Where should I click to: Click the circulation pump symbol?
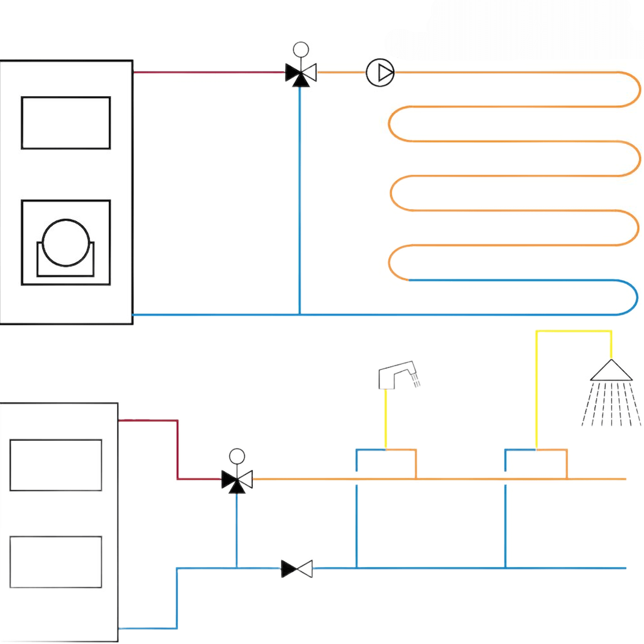click(380, 72)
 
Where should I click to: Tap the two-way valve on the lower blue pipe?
click(297, 568)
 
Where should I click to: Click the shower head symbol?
click(611, 371)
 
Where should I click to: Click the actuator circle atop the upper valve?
click(301, 50)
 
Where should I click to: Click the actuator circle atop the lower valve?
click(237, 457)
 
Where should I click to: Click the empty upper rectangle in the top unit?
click(65, 123)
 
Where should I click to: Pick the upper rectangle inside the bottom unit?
click(56, 465)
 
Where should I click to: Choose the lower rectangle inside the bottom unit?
click(56, 562)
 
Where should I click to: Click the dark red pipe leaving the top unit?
click(209, 72)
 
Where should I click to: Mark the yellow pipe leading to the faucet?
click(385, 419)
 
